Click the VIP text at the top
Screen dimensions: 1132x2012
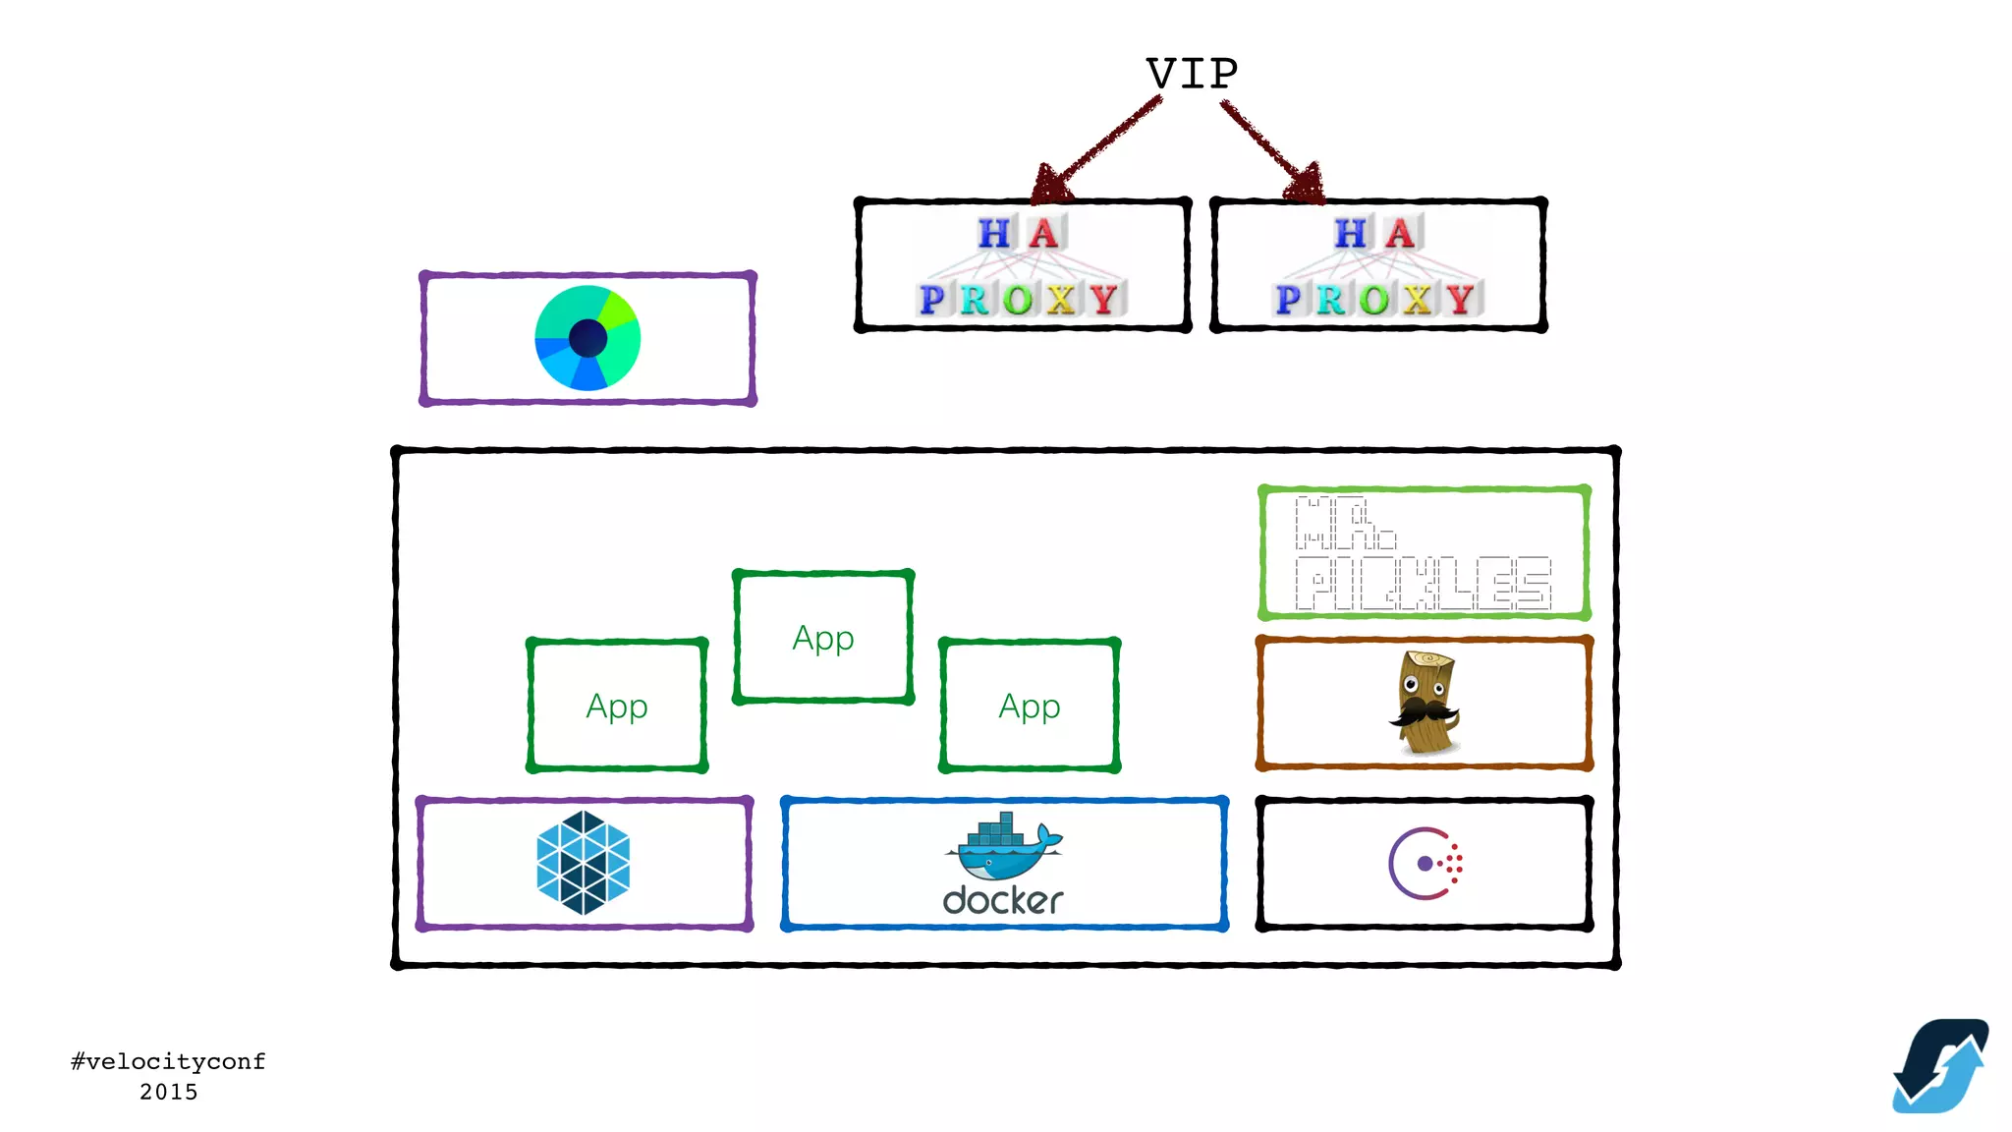[x=1192, y=75]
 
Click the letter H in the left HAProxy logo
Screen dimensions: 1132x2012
[x=993, y=234]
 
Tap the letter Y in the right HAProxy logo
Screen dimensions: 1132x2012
[x=1460, y=299]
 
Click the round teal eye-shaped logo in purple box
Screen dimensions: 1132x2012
[x=587, y=338]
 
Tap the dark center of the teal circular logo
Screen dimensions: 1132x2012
[x=587, y=339]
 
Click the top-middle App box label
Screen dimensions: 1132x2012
[x=823, y=639]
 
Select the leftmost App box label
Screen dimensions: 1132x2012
[x=617, y=707]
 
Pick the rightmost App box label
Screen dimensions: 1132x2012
[x=1030, y=707]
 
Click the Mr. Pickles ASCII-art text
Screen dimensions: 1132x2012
[x=1423, y=554]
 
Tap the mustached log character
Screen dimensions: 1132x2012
[x=1425, y=702]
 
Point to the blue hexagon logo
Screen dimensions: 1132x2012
[x=584, y=863]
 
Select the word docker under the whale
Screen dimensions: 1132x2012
[x=1003, y=900]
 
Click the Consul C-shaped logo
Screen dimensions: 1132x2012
[x=1424, y=864]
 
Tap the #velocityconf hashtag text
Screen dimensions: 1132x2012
[x=168, y=1061]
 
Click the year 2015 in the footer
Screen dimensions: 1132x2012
[x=168, y=1092]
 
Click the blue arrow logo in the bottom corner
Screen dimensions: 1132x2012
[x=1940, y=1066]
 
